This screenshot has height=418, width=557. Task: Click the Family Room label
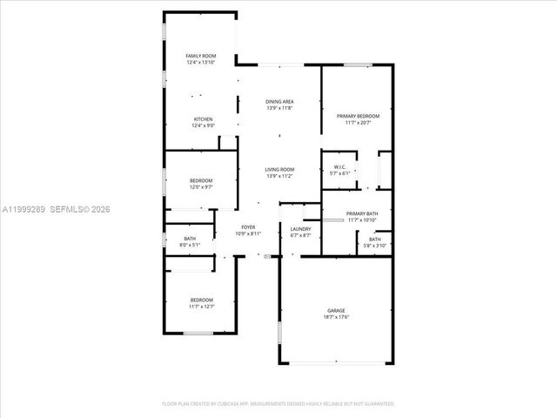pyautogui.click(x=201, y=56)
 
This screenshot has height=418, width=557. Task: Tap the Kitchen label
pyautogui.click(x=203, y=119)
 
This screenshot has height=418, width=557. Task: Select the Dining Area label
pyautogui.click(x=279, y=102)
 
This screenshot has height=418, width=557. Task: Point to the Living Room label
pyautogui.click(x=279, y=169)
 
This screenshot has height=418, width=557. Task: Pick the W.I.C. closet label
pyautogui.click(x=340, y=166)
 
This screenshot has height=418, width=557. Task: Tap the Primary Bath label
pyautogui.click(x=362, y=213)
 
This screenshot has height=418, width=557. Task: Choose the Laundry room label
pyautogui.click(x=300, y=228)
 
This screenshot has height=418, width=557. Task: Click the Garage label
pyautogui.click(x=336, y=311)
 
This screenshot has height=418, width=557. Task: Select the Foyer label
pyautogui.click(x=248, y=227)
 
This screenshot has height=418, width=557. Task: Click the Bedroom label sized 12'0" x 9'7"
pyautogui.click(x=201, y=180)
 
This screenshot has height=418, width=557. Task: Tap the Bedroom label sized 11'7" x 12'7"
pyautogui.click(x=201, y=300)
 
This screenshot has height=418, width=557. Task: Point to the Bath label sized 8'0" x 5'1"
pyautogui.click(x=191, y=239)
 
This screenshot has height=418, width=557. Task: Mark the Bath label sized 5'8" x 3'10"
pyautogui.click(x=375, y=239)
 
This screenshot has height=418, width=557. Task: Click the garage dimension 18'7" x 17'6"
pyautogui.click(x=336, y=318)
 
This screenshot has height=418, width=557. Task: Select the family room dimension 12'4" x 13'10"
pyautogui.click(x=201, y=63)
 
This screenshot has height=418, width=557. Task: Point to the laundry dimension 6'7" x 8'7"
pyautogui.click(x=300, y=234)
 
